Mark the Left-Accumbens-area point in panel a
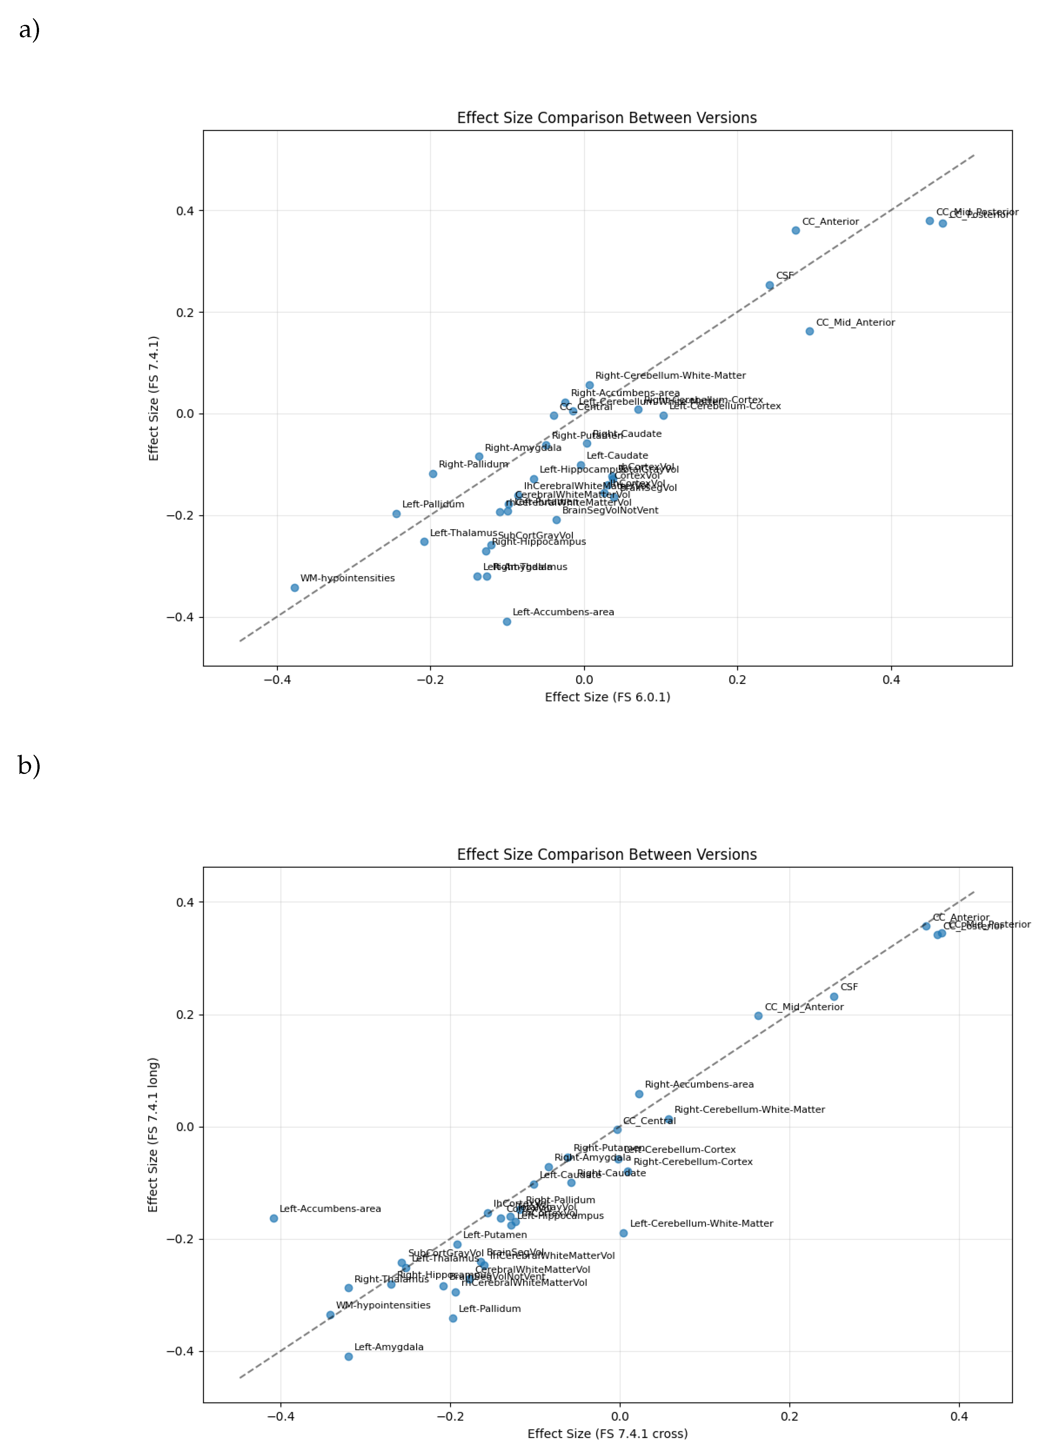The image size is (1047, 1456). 507,621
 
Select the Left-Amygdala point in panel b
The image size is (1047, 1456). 348,1357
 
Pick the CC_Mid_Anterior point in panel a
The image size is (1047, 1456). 809,331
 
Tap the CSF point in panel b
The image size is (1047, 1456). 834,996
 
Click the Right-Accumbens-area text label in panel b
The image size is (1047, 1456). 699,1084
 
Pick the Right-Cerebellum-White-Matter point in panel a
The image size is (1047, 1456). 589,385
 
